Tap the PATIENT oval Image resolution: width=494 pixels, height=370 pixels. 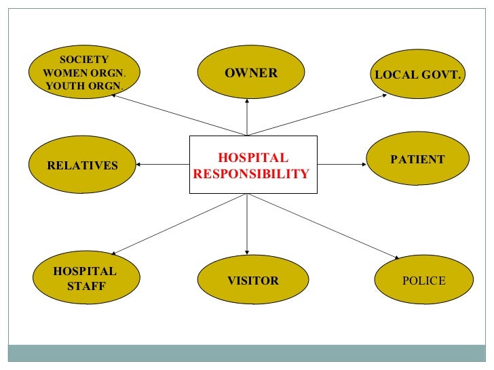[x=417, y=159]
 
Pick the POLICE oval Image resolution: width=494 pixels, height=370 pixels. [x=423, y=281]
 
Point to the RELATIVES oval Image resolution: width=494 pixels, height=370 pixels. [x=82, y=165]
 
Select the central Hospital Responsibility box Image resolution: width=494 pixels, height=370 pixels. [x=252, y=165]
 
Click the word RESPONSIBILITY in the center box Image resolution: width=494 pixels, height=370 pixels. [x=250, y=173]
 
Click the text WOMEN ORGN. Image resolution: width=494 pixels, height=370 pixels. [x=84, y=73]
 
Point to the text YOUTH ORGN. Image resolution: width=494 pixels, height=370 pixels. [x=84, y=85]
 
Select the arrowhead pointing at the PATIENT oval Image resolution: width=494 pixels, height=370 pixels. [x=363, y=164]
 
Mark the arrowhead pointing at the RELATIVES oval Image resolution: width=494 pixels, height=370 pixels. [x=138, y=164]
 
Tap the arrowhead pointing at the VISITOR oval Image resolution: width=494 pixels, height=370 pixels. [x=247, y=251]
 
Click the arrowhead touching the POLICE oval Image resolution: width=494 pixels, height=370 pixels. [x=396, y=258]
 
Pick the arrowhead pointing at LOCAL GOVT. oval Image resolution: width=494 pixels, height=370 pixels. [x=384, y=96]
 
